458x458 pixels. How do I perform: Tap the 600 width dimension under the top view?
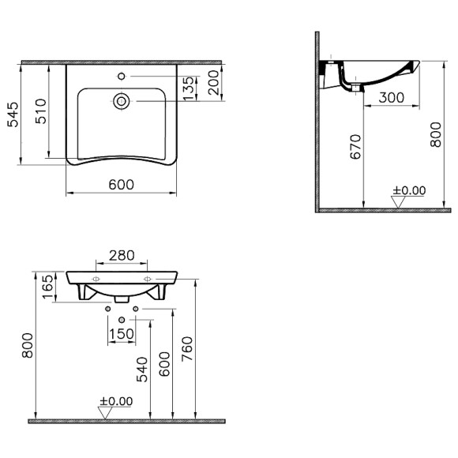pos(120,184)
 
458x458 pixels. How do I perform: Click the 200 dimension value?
pos(212,82)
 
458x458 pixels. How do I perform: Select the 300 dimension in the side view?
pos(389,97)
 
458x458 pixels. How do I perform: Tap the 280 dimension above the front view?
pos(121,256)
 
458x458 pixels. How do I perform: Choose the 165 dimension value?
pos(47,286)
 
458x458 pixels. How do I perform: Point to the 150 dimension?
pos(121,335)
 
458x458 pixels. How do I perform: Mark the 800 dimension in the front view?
pos(28,343)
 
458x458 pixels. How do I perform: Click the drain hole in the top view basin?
pos(122,100)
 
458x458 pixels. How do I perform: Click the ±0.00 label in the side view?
pos(409,190)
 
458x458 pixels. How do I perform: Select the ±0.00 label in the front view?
pos(116,401)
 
